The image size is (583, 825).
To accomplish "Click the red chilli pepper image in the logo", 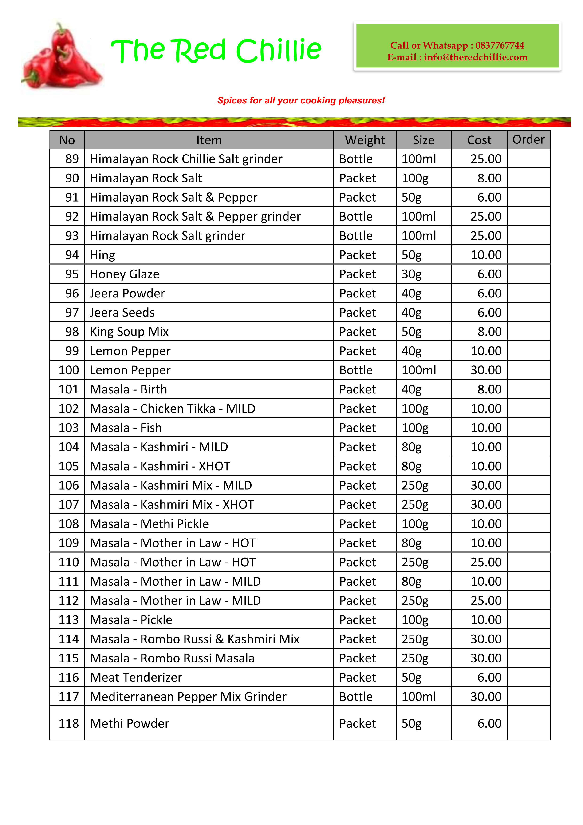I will click(61, 57).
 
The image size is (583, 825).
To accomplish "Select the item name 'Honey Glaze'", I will click(124, 274).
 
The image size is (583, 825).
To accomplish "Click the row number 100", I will click(69, 370).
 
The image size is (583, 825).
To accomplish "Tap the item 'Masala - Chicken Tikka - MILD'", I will click(172, 409).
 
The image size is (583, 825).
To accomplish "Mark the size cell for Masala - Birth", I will click(411, 389).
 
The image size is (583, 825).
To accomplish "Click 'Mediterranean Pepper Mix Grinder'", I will click(188, 697).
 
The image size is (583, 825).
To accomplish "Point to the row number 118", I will click(69, 723).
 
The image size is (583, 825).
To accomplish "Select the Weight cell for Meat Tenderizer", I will click(357, 677).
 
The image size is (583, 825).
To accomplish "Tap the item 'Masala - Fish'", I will click(126, 428).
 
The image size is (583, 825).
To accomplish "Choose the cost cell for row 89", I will click(486, 159).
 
